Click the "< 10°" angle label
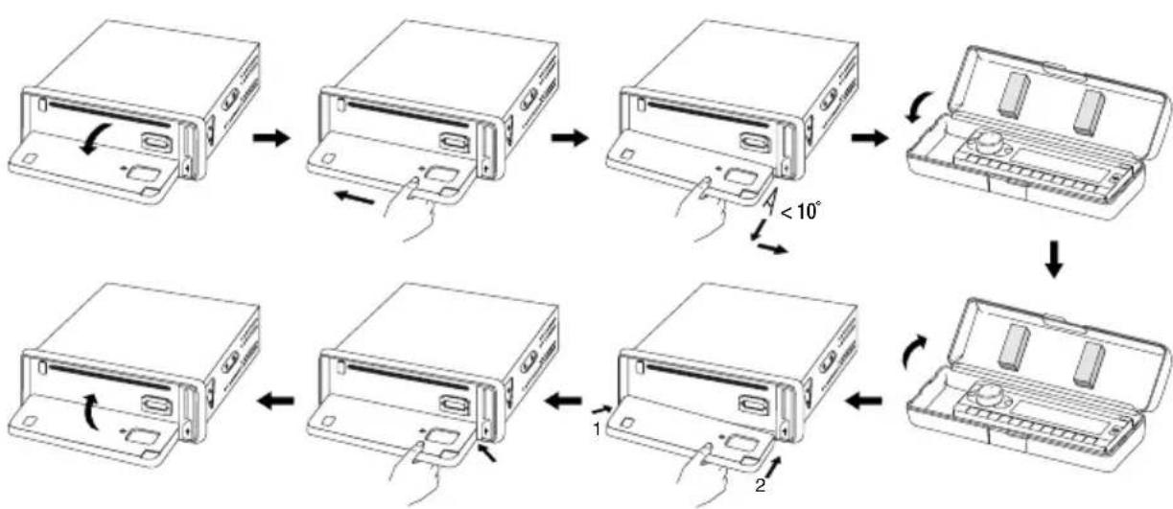pyautogui.click(x=801, y=211)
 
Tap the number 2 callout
pyautogui.click(x=760, y=486)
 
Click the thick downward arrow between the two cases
pyautogui.click(x=1053, y=265)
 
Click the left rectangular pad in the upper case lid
pyautogui.click(x=1014, y=95)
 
